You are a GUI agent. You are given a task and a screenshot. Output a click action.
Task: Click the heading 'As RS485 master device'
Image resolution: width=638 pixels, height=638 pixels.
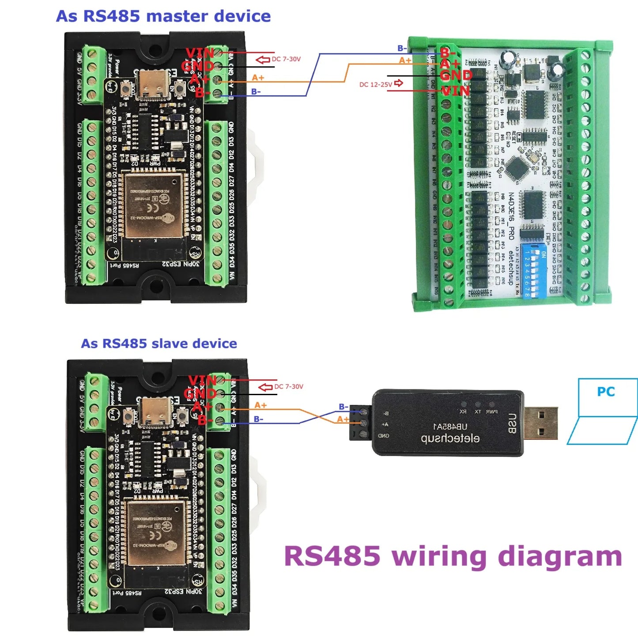[163, 16]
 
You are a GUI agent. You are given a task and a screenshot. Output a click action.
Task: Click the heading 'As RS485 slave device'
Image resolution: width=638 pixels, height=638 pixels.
[159, 344]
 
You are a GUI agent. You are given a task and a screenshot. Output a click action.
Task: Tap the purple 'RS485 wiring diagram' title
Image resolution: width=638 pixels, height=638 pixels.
[453, 556]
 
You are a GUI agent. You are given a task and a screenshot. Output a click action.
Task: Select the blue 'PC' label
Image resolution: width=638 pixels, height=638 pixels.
[606, 392]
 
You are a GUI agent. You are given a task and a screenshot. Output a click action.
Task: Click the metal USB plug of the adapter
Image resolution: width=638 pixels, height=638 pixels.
[540, 423]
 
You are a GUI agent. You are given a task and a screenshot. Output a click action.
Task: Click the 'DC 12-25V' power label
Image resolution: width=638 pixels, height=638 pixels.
[376, 84]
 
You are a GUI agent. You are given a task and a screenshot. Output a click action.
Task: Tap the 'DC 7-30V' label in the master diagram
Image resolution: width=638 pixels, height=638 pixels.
[286, 59]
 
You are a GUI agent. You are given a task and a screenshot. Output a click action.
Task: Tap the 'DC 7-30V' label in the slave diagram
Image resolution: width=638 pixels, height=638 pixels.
[289, 387]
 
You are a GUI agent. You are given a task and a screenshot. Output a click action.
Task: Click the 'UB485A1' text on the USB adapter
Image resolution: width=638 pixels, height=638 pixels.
[450, 427]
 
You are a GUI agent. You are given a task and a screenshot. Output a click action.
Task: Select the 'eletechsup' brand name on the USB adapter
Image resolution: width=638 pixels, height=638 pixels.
[450, 438]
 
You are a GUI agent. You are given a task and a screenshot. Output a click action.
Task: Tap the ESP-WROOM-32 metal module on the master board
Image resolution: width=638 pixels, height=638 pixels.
[153, 205]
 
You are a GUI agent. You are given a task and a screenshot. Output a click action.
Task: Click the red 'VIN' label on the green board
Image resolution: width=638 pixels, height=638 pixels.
[456, 91]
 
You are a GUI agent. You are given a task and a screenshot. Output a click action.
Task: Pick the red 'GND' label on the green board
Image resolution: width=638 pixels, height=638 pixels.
[456, 76]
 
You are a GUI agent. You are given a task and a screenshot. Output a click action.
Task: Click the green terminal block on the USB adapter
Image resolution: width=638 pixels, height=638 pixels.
[360, 423]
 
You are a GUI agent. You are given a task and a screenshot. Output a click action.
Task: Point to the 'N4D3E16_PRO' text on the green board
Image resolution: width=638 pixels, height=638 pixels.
[511, 216]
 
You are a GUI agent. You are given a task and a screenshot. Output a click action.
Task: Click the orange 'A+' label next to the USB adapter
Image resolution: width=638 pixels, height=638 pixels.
[343, 419]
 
